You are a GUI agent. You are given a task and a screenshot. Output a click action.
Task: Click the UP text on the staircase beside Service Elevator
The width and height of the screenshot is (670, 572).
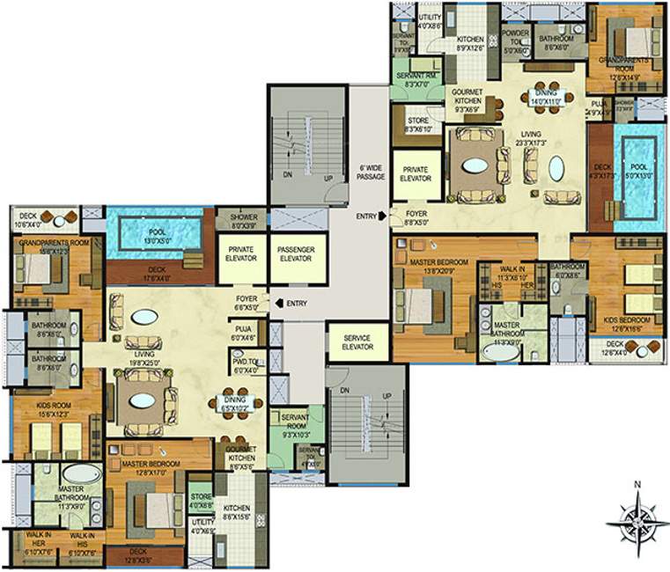[x=386, y=397]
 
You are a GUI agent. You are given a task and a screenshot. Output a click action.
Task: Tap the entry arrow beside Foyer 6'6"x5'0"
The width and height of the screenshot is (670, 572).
[x=278, y=304]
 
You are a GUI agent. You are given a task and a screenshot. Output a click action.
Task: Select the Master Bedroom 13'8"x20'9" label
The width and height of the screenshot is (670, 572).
[x=429, y=268]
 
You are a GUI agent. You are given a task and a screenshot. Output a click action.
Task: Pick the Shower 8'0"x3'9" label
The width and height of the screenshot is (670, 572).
[x=243, y=221]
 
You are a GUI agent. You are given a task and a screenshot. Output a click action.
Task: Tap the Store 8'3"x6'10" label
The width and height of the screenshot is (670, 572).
[x=418, y=124]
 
